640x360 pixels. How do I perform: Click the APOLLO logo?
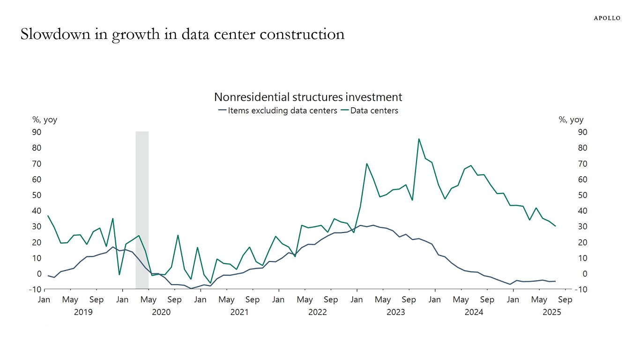[x=607, y=18]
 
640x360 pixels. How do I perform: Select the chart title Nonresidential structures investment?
[x=308, y=97]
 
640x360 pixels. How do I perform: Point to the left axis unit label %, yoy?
[x=45, y=120]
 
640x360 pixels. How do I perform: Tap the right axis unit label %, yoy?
[x=571, y=120]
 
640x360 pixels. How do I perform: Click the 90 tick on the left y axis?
[x=36, y=132]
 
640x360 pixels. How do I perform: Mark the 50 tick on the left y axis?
[x=36, y=195]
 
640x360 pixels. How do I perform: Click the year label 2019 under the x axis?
[x=83, y=313]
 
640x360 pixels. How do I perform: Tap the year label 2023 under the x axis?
[x=395, y=313]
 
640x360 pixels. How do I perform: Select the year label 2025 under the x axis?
[x=551, y=313]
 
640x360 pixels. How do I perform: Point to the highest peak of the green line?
[x=418, y=139]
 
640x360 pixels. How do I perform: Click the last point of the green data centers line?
[x=555, y=226]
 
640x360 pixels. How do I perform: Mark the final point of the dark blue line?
[x=555, y=281]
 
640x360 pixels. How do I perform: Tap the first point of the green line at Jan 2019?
[x=48, y=216]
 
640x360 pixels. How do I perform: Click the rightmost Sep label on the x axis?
[x=565, y=300]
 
